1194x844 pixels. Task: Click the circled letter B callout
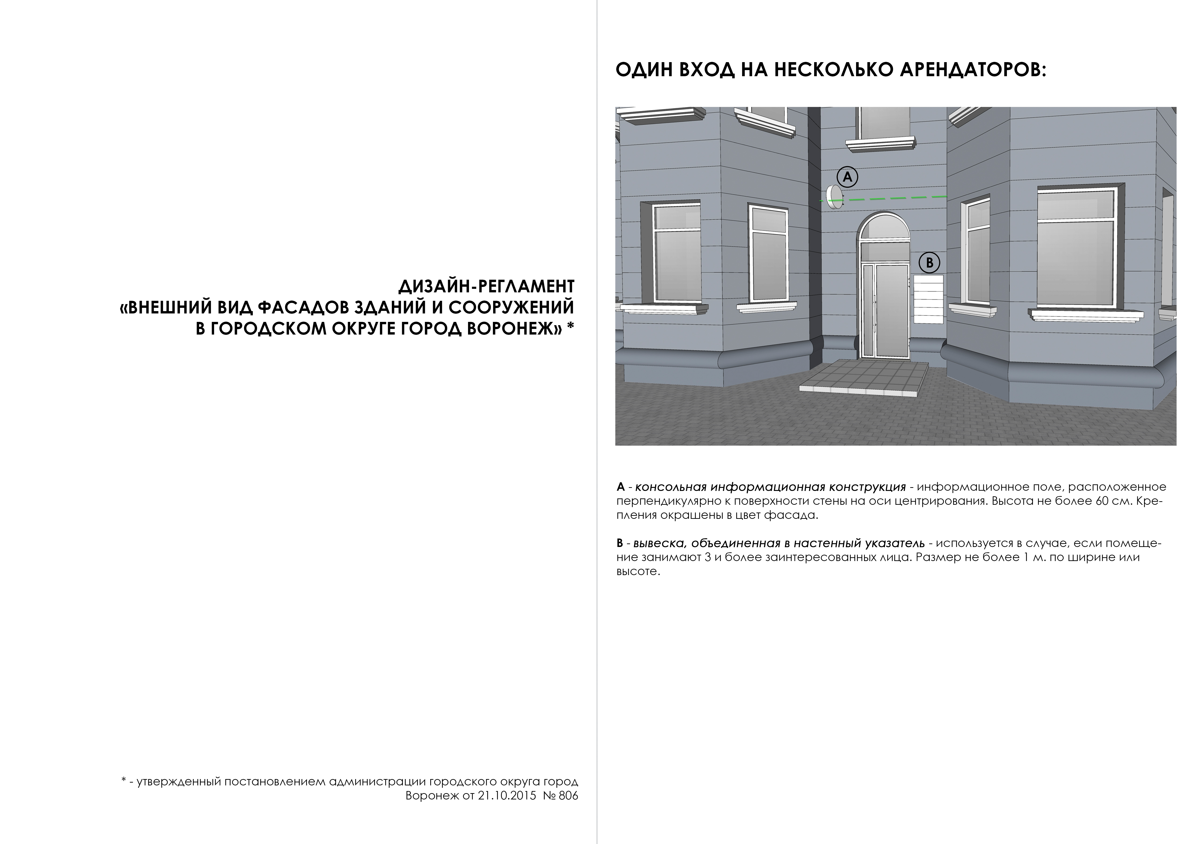point(929,263)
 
